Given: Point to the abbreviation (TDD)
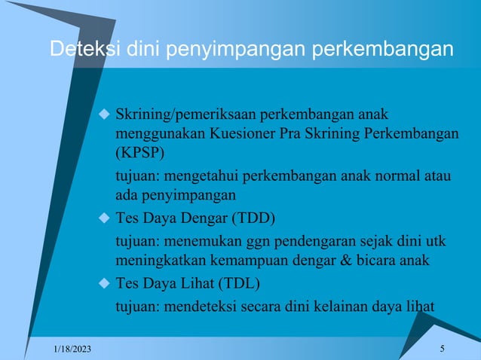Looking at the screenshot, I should tap(253, 219).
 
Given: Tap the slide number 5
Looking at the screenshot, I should tap(441, 347).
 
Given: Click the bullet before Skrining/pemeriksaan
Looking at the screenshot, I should tap(105, 115).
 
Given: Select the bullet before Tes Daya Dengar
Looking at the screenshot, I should tap(105, 219).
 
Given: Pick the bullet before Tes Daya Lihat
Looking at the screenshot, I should tap(105, 284).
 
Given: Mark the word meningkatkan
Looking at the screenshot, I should tap(157, 261).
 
